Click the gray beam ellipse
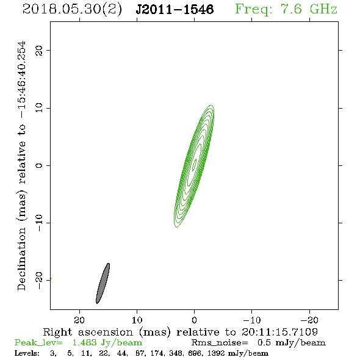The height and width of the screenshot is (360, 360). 103,283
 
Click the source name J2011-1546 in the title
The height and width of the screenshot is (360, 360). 175,9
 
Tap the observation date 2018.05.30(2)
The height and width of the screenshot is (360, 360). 72,10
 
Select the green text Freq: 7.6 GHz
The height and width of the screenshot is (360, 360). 286,9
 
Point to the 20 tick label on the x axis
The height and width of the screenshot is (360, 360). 79,320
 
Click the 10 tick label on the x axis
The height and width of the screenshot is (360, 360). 137,320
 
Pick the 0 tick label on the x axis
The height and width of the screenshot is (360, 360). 194,320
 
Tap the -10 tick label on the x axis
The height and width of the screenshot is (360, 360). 252,320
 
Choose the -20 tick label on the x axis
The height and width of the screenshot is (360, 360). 309,320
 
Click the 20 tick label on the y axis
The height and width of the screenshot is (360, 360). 39,50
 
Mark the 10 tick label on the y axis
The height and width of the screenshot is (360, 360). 39,108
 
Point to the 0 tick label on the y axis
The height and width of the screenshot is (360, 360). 39,165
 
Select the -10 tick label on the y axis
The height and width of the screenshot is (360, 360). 39,223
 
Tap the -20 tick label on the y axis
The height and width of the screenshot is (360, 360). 39,280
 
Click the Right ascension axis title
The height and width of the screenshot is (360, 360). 181,332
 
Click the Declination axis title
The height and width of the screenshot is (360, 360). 21,166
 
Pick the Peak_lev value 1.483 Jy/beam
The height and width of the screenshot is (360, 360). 107,343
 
